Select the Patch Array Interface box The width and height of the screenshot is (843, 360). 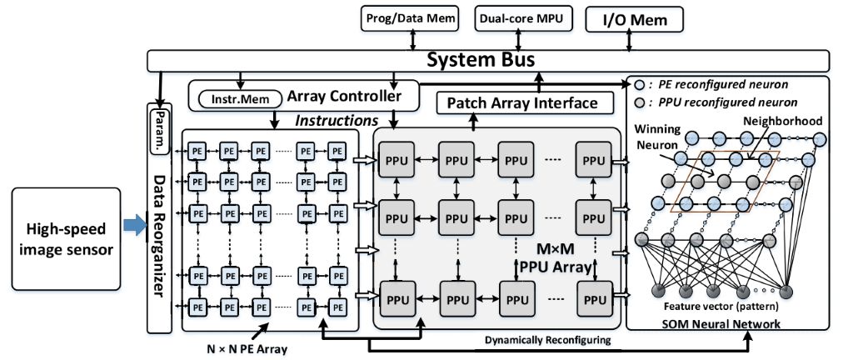[523, 103]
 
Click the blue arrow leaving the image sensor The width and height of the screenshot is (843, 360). [132, 222]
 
